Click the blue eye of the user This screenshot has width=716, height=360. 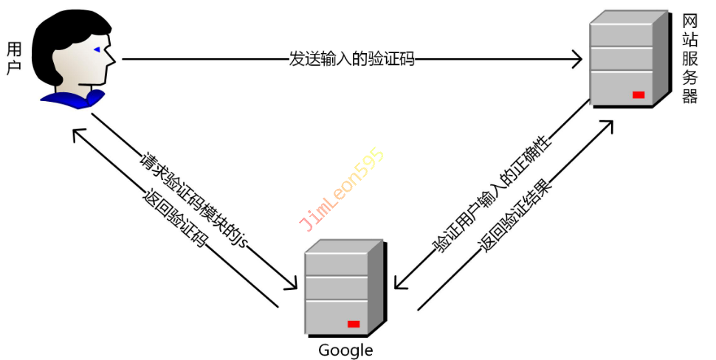(x=97, y=49)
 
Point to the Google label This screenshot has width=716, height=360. (x=345, y=350)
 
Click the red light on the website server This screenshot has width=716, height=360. (x=638, y=94)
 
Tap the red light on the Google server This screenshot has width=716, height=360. (x=354, y=324)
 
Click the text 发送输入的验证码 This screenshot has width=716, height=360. (x=351, y=60)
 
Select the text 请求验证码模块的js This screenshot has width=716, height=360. (x=193, y=200)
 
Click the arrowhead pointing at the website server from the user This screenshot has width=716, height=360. (x=576, y=60)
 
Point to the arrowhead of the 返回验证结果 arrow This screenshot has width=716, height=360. (x=608, y=122)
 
